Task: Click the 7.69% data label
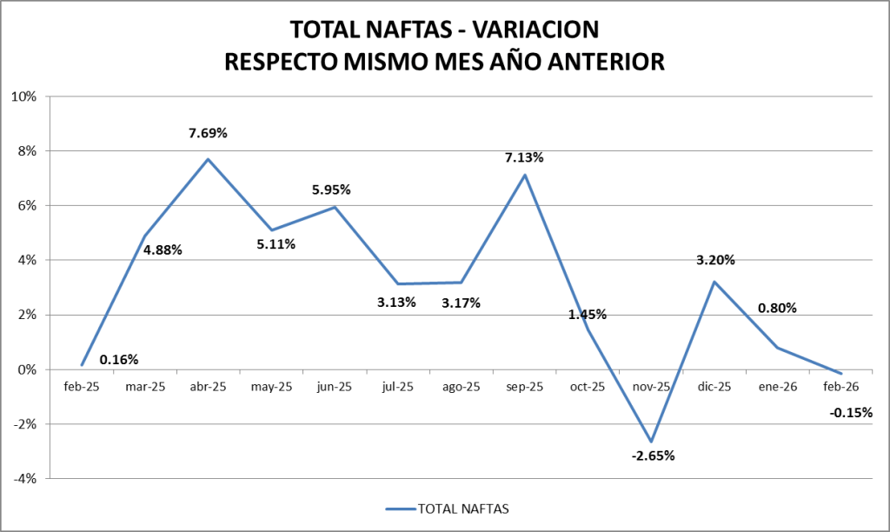tap(208, 133)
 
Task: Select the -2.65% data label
tap(653, 456)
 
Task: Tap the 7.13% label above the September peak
tap(524, 157)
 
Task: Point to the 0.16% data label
tap(119, 359)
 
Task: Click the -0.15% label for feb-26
tap(850, 413)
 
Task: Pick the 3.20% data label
tap(716, 259)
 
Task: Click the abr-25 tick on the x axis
tap(208, 387)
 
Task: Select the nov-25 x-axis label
tap(651, 387)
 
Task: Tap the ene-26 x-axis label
tap(778, 387)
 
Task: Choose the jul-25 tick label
tap(398, 387)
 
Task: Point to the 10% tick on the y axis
tap(23, 96)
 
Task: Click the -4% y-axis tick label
tap(24, 478)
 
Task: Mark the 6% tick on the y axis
tap(27, 206)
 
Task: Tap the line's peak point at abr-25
tap(208, 159)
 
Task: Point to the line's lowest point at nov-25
tap(651, 442)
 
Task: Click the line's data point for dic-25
tap(714, 282)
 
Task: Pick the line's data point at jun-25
tap(335, 207)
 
